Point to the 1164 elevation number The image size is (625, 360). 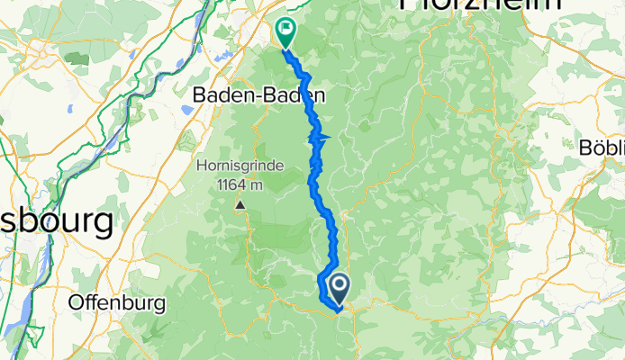[x=231, y=185]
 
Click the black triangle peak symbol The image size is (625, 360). [x=240, y=204]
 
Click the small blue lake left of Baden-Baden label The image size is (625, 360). [x=187, y=108]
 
